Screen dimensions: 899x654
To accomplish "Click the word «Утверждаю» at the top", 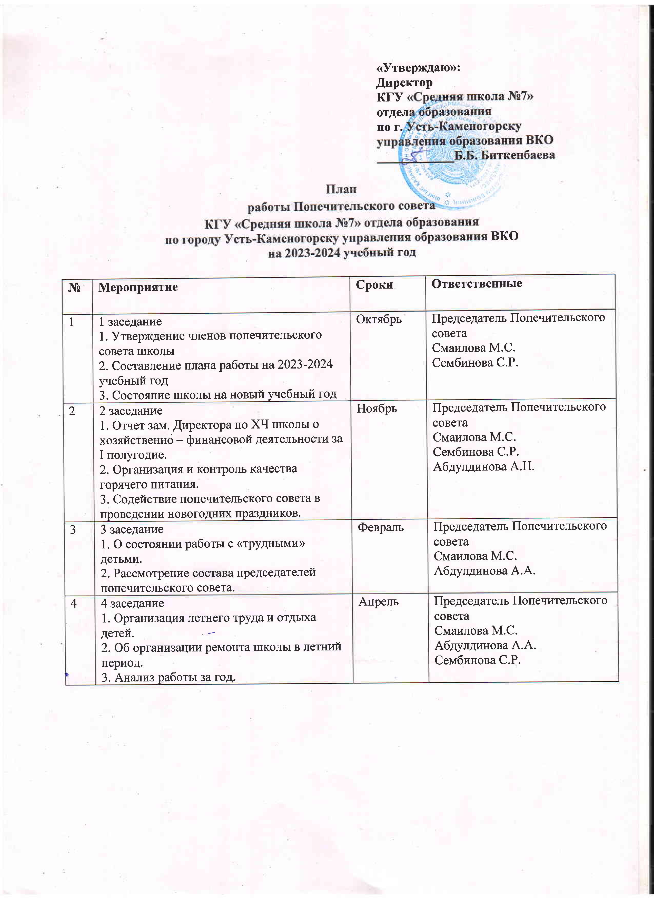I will tap(417, 68).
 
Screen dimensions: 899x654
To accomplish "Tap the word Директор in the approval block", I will tap(404, 83).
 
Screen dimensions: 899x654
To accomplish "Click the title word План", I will tap(341, 189).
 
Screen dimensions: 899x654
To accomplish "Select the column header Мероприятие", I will tap(138, 287).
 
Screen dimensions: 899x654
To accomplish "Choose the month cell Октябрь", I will tap(379, 319).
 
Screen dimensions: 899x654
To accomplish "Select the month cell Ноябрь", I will tap(376, 408).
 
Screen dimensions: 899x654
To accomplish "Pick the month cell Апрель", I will tap(378, 602).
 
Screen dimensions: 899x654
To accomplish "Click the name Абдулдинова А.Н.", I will tap(483, 467).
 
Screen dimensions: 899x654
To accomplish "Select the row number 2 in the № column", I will tap(72, 411).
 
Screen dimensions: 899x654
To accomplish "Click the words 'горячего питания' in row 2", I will tap(149, 484).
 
